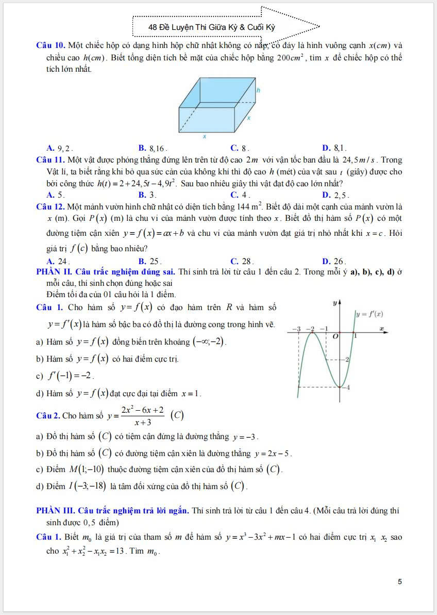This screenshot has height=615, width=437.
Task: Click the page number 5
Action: pyautogui.click(x=400, y=581)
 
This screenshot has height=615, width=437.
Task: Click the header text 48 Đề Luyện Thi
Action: pyautogui.click(x=211, y=27)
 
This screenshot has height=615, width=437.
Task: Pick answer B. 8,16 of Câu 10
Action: pyautogui.click(x=153, y=148)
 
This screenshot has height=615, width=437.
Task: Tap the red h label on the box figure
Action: pyautogui.click(x=258, y=89)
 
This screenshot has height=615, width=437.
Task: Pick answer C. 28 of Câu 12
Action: pyautogui.click(x=242, y=261)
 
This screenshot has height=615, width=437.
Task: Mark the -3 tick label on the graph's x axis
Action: pyautogui.click(x=296, y=329)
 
